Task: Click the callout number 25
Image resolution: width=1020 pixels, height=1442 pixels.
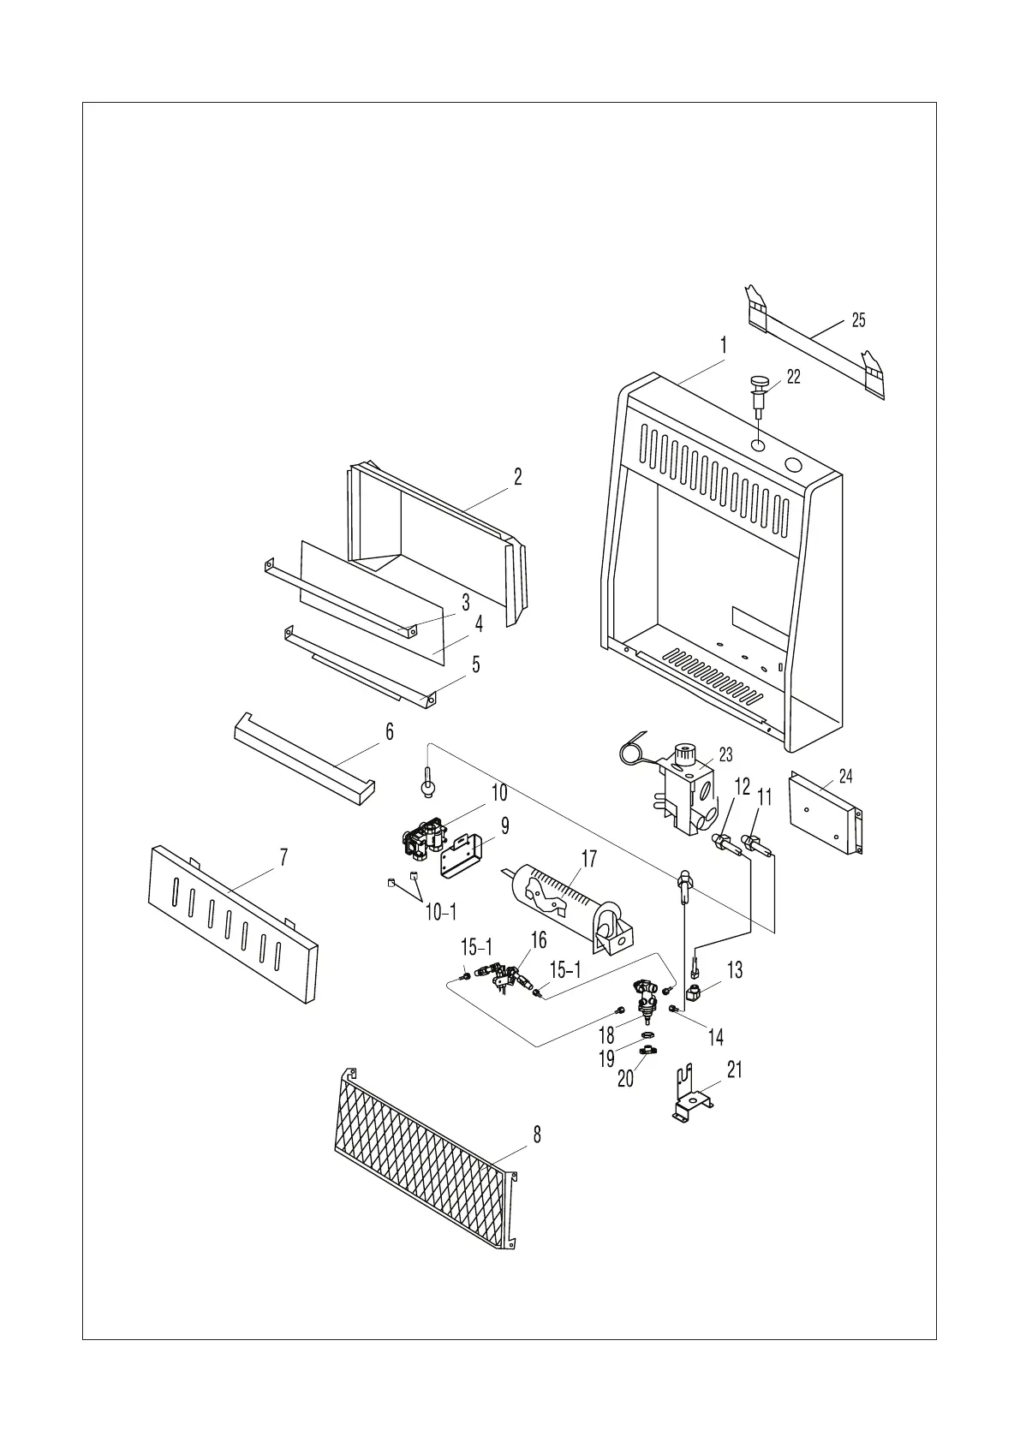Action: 858,320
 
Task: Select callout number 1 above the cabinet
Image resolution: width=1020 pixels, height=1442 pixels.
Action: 724,346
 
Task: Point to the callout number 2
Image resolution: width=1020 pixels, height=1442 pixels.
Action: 518,477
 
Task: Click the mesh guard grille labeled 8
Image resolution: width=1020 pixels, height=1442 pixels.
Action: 424,1155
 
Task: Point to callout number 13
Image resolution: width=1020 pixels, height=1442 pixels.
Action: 735,969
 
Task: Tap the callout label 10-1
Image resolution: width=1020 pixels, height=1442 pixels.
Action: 441,913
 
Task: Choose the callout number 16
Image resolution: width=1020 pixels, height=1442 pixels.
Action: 538,941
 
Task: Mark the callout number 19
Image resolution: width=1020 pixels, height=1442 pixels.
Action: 606,1058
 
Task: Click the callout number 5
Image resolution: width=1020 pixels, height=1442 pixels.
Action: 476,664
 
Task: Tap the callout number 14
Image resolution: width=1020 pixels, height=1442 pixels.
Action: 716,1038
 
